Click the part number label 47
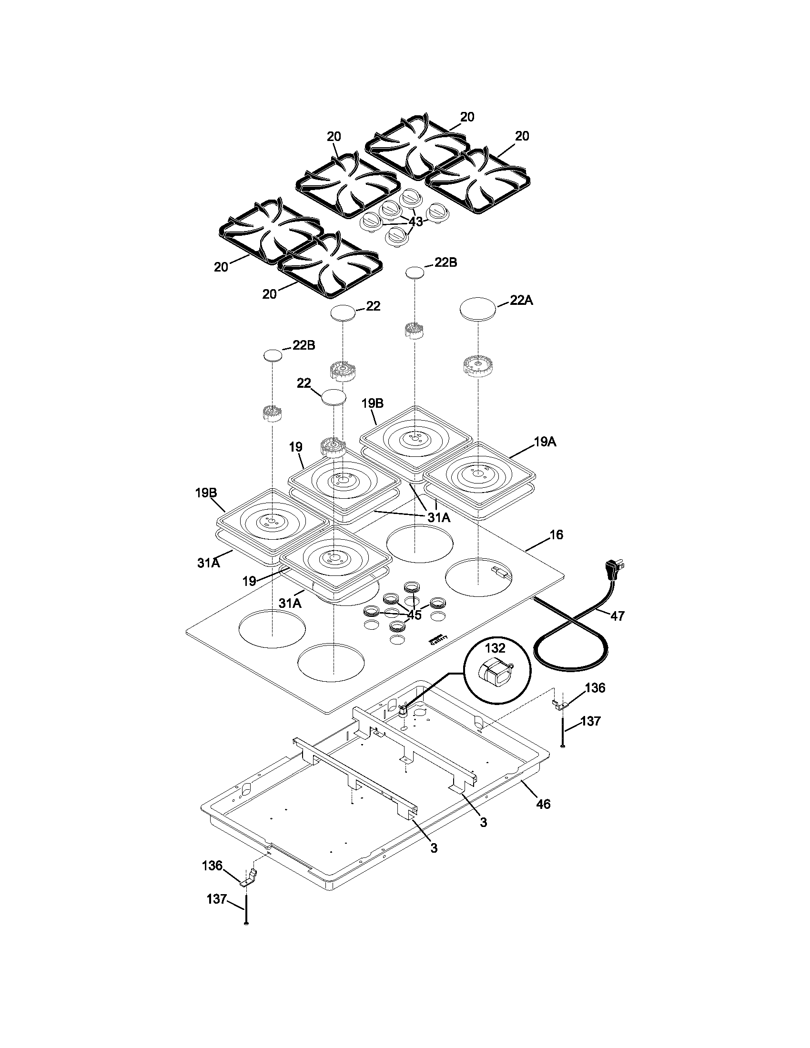tap(617, 616)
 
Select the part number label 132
tap(495, 648)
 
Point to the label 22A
tap(521, 301)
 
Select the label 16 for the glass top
tap(556, 534)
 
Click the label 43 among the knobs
tap(415, 222)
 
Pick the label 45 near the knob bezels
tap(414, 615)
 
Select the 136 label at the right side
tap(595, 688)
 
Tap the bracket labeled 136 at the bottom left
tap(249, 878)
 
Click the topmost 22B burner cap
tap(415, 272)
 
